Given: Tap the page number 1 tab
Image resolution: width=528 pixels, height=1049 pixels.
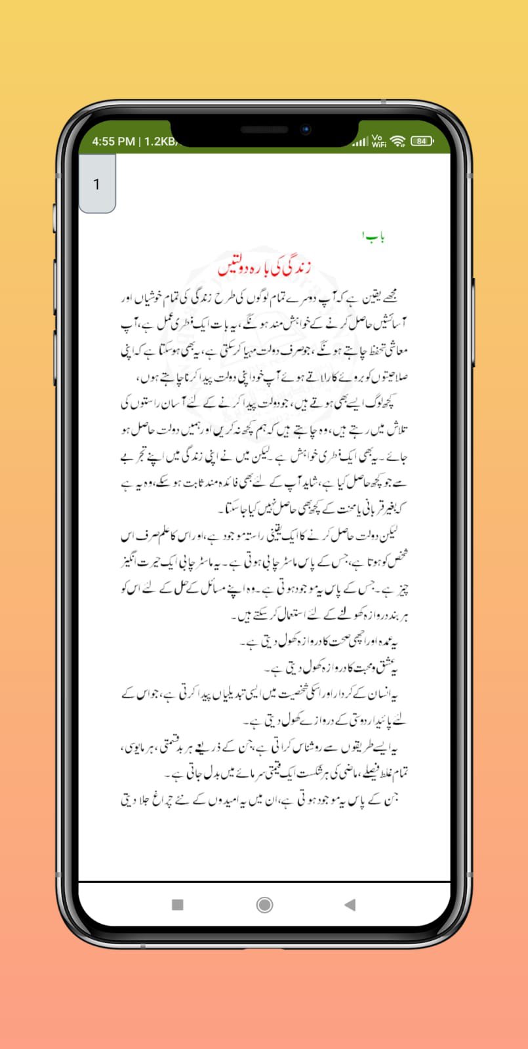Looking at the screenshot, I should (97, 184).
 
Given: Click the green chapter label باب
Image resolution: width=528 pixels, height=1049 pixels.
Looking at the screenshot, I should (373, 236).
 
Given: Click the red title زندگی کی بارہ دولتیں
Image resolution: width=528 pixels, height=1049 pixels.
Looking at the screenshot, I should (264, 267).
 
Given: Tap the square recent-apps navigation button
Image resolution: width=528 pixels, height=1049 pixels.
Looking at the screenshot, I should (177, 905).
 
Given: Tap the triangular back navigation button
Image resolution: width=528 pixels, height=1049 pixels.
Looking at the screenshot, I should (350, 905).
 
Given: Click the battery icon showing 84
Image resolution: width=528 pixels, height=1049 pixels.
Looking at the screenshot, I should (421, 141).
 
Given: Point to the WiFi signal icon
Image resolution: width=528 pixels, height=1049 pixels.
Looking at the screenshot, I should (397, 141).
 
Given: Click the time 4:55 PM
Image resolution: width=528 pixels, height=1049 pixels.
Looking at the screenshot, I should (113, 141).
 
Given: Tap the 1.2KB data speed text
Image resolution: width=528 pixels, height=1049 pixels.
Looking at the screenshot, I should (160, 141).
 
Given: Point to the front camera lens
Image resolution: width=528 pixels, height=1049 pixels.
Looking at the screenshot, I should (306, 130).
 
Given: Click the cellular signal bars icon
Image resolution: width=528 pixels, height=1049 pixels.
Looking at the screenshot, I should (360, 142).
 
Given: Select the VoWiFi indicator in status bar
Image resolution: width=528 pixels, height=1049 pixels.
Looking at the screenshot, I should (378, 141).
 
